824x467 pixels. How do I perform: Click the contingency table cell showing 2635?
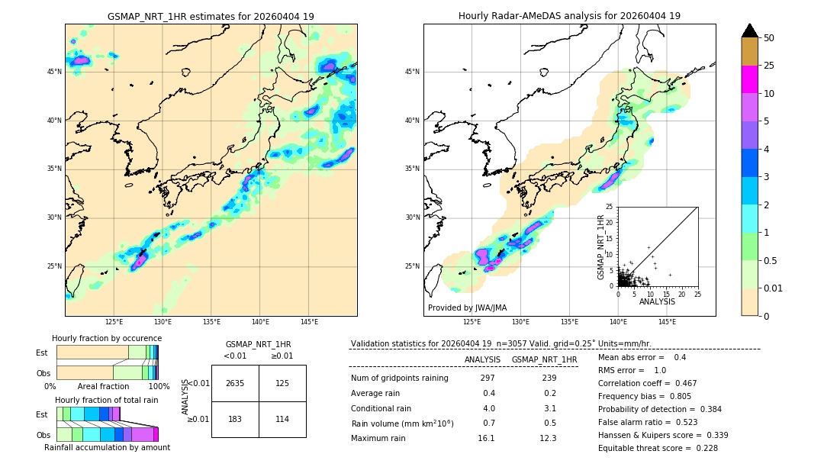point(235,383)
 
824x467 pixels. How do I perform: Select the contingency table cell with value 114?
point(282,419)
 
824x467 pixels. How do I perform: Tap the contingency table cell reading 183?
point(235,419)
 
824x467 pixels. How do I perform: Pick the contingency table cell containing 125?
point(282,383)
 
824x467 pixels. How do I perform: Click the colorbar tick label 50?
point(769,38)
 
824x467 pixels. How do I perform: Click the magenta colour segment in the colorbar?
point(750,79)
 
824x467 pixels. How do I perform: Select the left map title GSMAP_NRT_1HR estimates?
point(211,16)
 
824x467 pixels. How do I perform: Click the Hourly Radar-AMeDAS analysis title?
point(569,16)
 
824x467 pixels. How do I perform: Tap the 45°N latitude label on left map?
point(54,72)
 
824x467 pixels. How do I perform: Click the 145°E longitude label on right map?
point(667,322)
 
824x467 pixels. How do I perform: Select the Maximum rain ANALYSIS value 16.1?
point(486,438)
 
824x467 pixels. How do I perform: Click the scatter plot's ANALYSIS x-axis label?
point(657,301)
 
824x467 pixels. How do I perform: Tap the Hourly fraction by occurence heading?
point(107,338)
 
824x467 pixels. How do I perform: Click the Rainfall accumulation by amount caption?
point(107,448)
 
